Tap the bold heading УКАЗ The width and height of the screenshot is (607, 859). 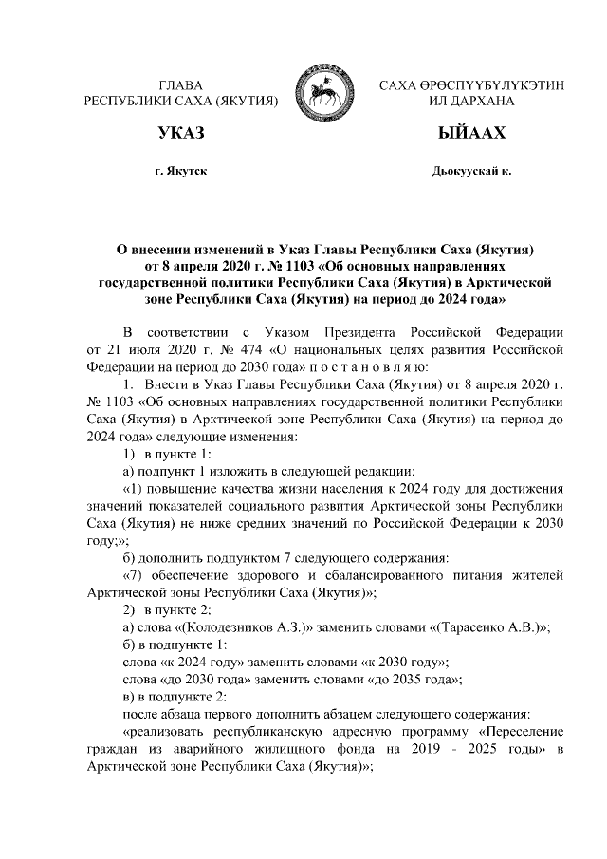pyautogui.click(x=181, y=131)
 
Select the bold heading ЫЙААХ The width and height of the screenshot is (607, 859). pyautogui.click(x=471, y=131)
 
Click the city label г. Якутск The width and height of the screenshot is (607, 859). pyautogui.click(x=181, y=172)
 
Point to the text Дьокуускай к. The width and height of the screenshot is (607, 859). pyautogui.click(x=471, y=172)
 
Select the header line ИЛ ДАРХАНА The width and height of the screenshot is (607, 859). pyautogui.click(x=471, y=100)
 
